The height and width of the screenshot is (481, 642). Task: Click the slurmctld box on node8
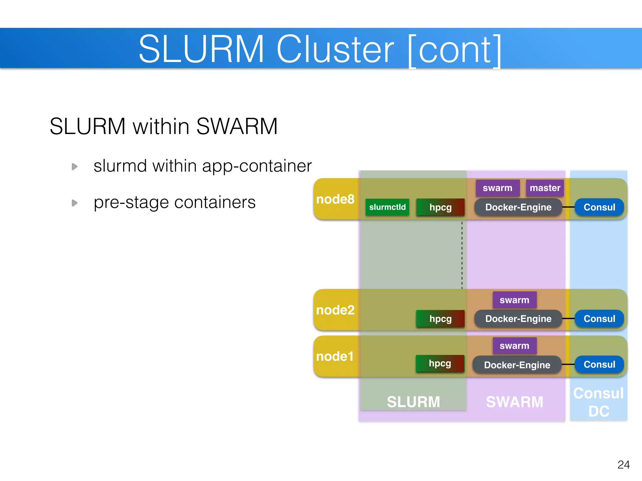pos(387,207)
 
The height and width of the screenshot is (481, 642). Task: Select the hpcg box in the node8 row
pos(440,207)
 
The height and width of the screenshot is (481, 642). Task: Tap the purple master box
pos(545,188)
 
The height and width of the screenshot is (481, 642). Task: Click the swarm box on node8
pos(497,188)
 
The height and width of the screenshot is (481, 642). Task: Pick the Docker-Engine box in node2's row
pos(518,319)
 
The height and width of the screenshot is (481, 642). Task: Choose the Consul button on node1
pos(599,365)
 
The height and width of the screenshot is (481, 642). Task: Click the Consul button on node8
pos(599,207)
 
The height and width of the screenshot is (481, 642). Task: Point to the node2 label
pos(335,310)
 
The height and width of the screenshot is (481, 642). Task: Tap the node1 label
pos(335,356)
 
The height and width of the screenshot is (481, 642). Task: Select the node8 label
pos(335,199)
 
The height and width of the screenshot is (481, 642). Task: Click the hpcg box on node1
pos(440,363)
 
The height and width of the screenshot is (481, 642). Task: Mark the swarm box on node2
pos(514,300)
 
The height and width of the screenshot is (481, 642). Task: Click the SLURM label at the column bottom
pos(413,402)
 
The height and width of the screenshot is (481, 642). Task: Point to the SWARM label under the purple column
pos(514,402)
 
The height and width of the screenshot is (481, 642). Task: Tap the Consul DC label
pos(598,402)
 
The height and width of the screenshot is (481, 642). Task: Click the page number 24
pos(623,464)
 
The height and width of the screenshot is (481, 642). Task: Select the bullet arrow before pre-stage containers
pos(75,203)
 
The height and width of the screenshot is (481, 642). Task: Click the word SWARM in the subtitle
pos(237,126)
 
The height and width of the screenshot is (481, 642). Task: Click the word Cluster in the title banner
pos(335,49)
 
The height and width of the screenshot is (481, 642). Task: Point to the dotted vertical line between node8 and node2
pos(462,255)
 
